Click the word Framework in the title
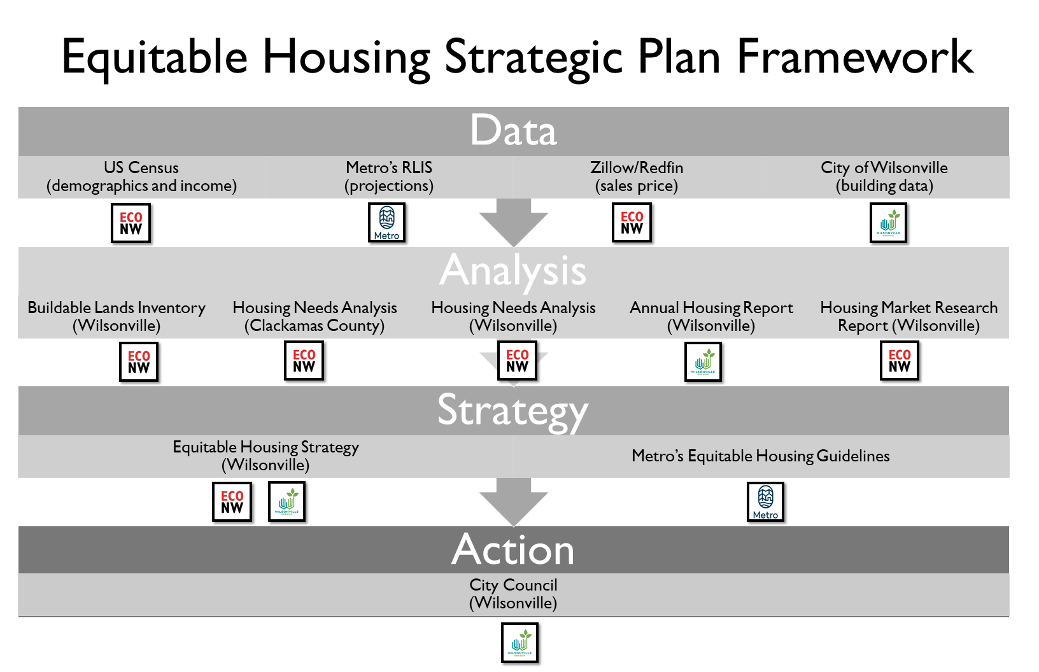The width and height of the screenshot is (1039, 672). [x=854, y=57]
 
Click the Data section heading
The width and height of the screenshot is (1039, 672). [x=513, y=130]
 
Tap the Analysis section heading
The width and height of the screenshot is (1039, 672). [x=513, y=270]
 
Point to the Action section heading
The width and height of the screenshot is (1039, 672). [x=513, y=550]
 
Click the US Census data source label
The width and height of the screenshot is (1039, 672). [x=141, y=176]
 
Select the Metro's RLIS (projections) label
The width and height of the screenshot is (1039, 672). [x=389, y=176]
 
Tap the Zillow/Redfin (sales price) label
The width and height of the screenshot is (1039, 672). [x=637, y=176]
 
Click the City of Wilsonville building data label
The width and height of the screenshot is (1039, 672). [x=884, y=176]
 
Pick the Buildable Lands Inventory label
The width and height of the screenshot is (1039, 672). [x=117, y=316]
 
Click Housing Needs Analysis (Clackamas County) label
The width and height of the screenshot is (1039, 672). [x=315, y=316]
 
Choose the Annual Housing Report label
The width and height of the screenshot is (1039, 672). [x=711, y=316]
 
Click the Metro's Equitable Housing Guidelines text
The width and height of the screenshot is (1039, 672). [x=761, y=456]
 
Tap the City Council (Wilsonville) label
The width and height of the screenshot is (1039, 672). [x=513, y=594]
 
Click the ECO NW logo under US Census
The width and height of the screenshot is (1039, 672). [x=131, y=223]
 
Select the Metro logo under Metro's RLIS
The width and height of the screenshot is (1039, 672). [x=387, y=223]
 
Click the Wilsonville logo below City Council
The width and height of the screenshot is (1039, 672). [x=519, y=643]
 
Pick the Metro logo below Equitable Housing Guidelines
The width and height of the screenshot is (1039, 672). [x=765, y=502]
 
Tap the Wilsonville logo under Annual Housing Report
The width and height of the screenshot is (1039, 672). [x=703, y=361]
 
